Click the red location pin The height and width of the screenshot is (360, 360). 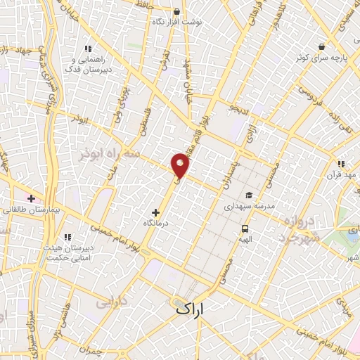[x=181, y=165]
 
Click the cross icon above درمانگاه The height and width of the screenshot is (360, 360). [x=155, y=212]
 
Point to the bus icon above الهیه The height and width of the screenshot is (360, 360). [x=245, y=229]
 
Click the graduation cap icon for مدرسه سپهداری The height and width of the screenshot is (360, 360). [x=248, y=195]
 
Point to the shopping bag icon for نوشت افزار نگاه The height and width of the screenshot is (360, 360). [x=176, y=12]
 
